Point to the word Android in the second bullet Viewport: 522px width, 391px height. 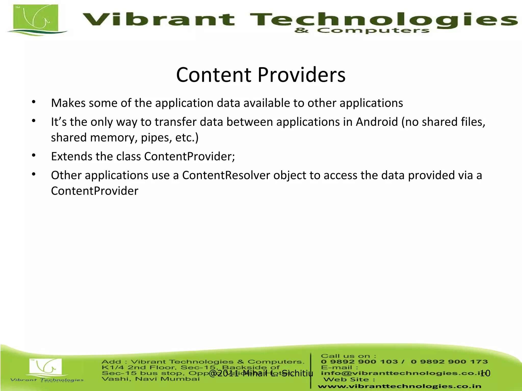click(377, 122)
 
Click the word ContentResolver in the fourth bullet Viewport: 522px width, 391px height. click(226, 175)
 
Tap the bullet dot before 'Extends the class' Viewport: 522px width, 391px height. click(34, 155)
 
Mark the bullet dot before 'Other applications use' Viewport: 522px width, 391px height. click(34, 174)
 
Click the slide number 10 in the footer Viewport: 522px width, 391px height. click(485, 373)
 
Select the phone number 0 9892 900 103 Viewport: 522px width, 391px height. click(359, 362)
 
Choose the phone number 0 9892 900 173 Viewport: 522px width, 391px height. click(449, 362)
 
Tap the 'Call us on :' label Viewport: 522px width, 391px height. click(348, 356)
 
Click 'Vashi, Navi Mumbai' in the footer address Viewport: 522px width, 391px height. click(150, 379)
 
